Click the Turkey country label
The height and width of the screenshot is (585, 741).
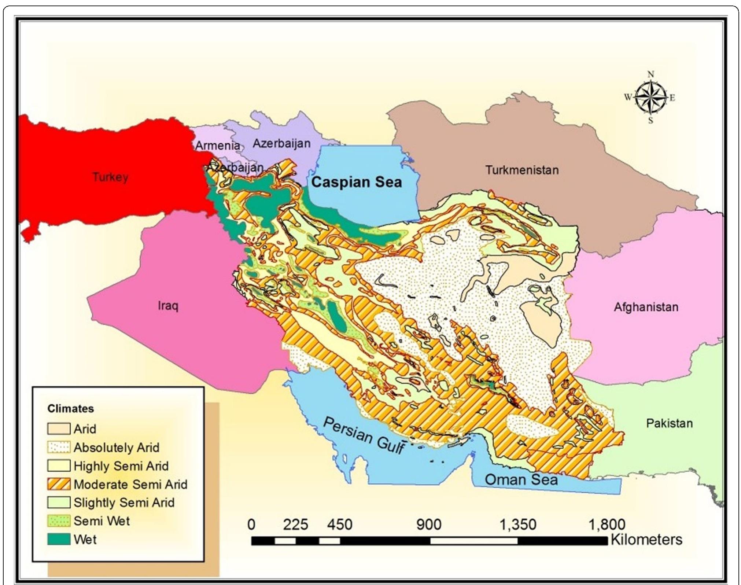110,177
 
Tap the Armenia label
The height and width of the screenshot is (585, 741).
217,146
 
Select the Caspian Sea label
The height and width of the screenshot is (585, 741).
356,182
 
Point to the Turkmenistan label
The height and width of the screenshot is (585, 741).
522,170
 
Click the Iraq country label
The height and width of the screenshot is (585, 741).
168,305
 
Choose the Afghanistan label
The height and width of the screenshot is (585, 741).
646,307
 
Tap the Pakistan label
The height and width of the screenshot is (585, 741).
669,423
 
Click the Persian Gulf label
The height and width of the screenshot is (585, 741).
364,436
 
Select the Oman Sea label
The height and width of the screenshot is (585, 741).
521,479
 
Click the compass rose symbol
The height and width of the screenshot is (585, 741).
650,97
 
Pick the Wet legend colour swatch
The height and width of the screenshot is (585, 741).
59,540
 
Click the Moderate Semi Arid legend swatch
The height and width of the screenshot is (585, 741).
59,484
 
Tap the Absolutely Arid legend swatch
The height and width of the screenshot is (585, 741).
59,448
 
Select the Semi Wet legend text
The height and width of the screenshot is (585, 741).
102,521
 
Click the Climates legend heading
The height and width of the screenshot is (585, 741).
70,409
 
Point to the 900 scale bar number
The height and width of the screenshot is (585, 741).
429,525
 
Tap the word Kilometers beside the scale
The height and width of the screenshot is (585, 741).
646,540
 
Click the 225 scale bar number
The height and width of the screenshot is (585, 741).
296,525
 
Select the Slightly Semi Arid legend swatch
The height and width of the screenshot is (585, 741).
59,503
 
